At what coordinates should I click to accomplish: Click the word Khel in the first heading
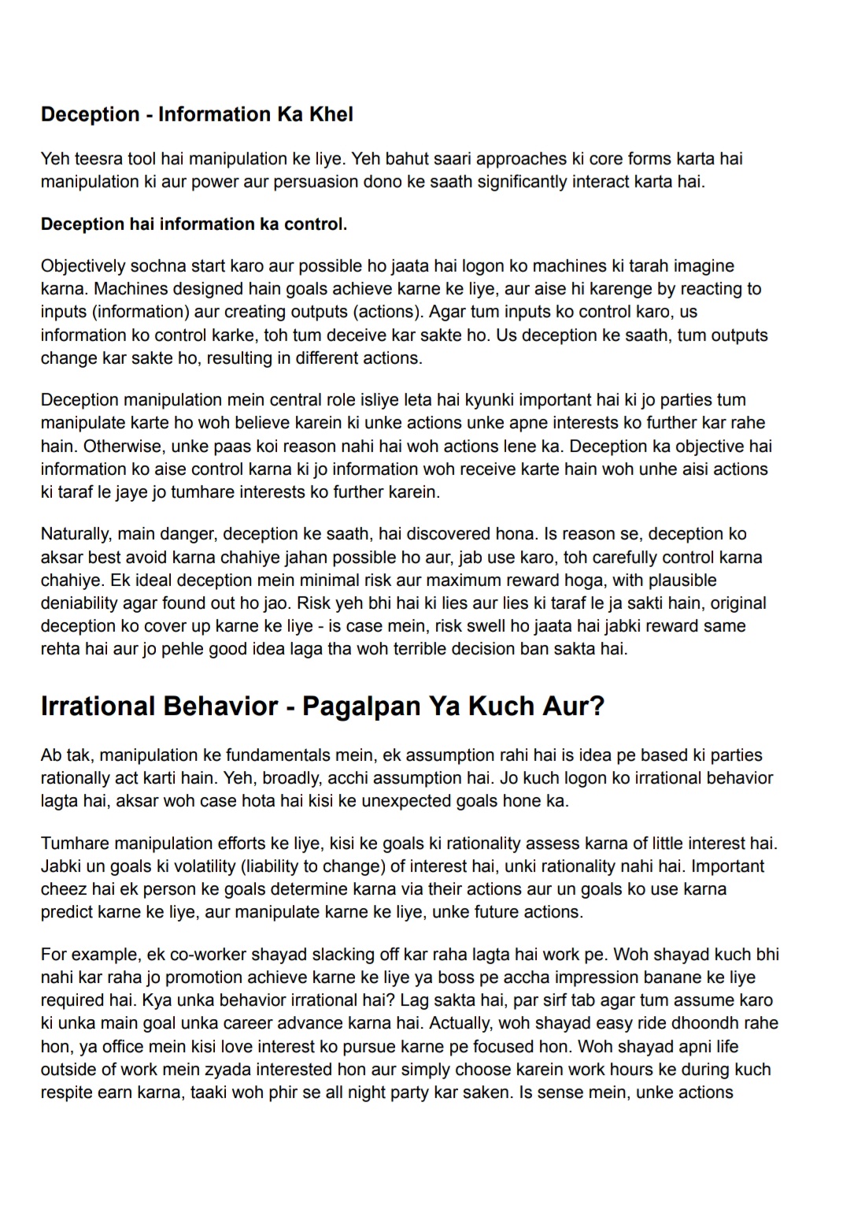(331, 114)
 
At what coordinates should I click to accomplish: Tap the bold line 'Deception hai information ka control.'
(194, 224)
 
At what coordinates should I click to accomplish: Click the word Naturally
(76, 534)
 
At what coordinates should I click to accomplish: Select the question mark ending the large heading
(597, 706)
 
